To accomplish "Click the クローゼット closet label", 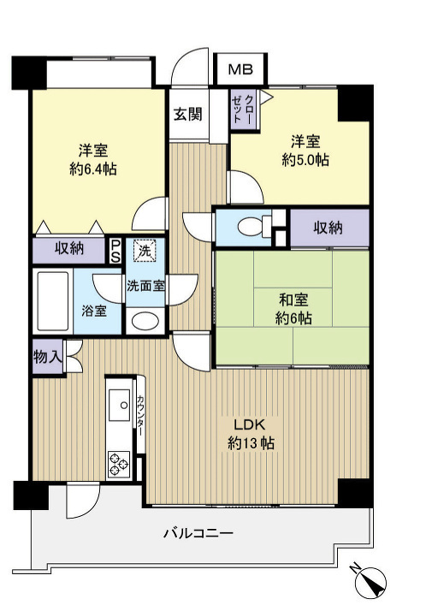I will click(242, 108).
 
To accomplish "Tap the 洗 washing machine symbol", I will click(145, 252).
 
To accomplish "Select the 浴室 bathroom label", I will click(94, 310).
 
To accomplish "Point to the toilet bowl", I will click(252, 227).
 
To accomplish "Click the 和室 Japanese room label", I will click(293, 300).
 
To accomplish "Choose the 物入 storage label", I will click(47, 356).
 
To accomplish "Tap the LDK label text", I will click(251, 424).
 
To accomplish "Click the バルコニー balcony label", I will click(198, 533).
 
